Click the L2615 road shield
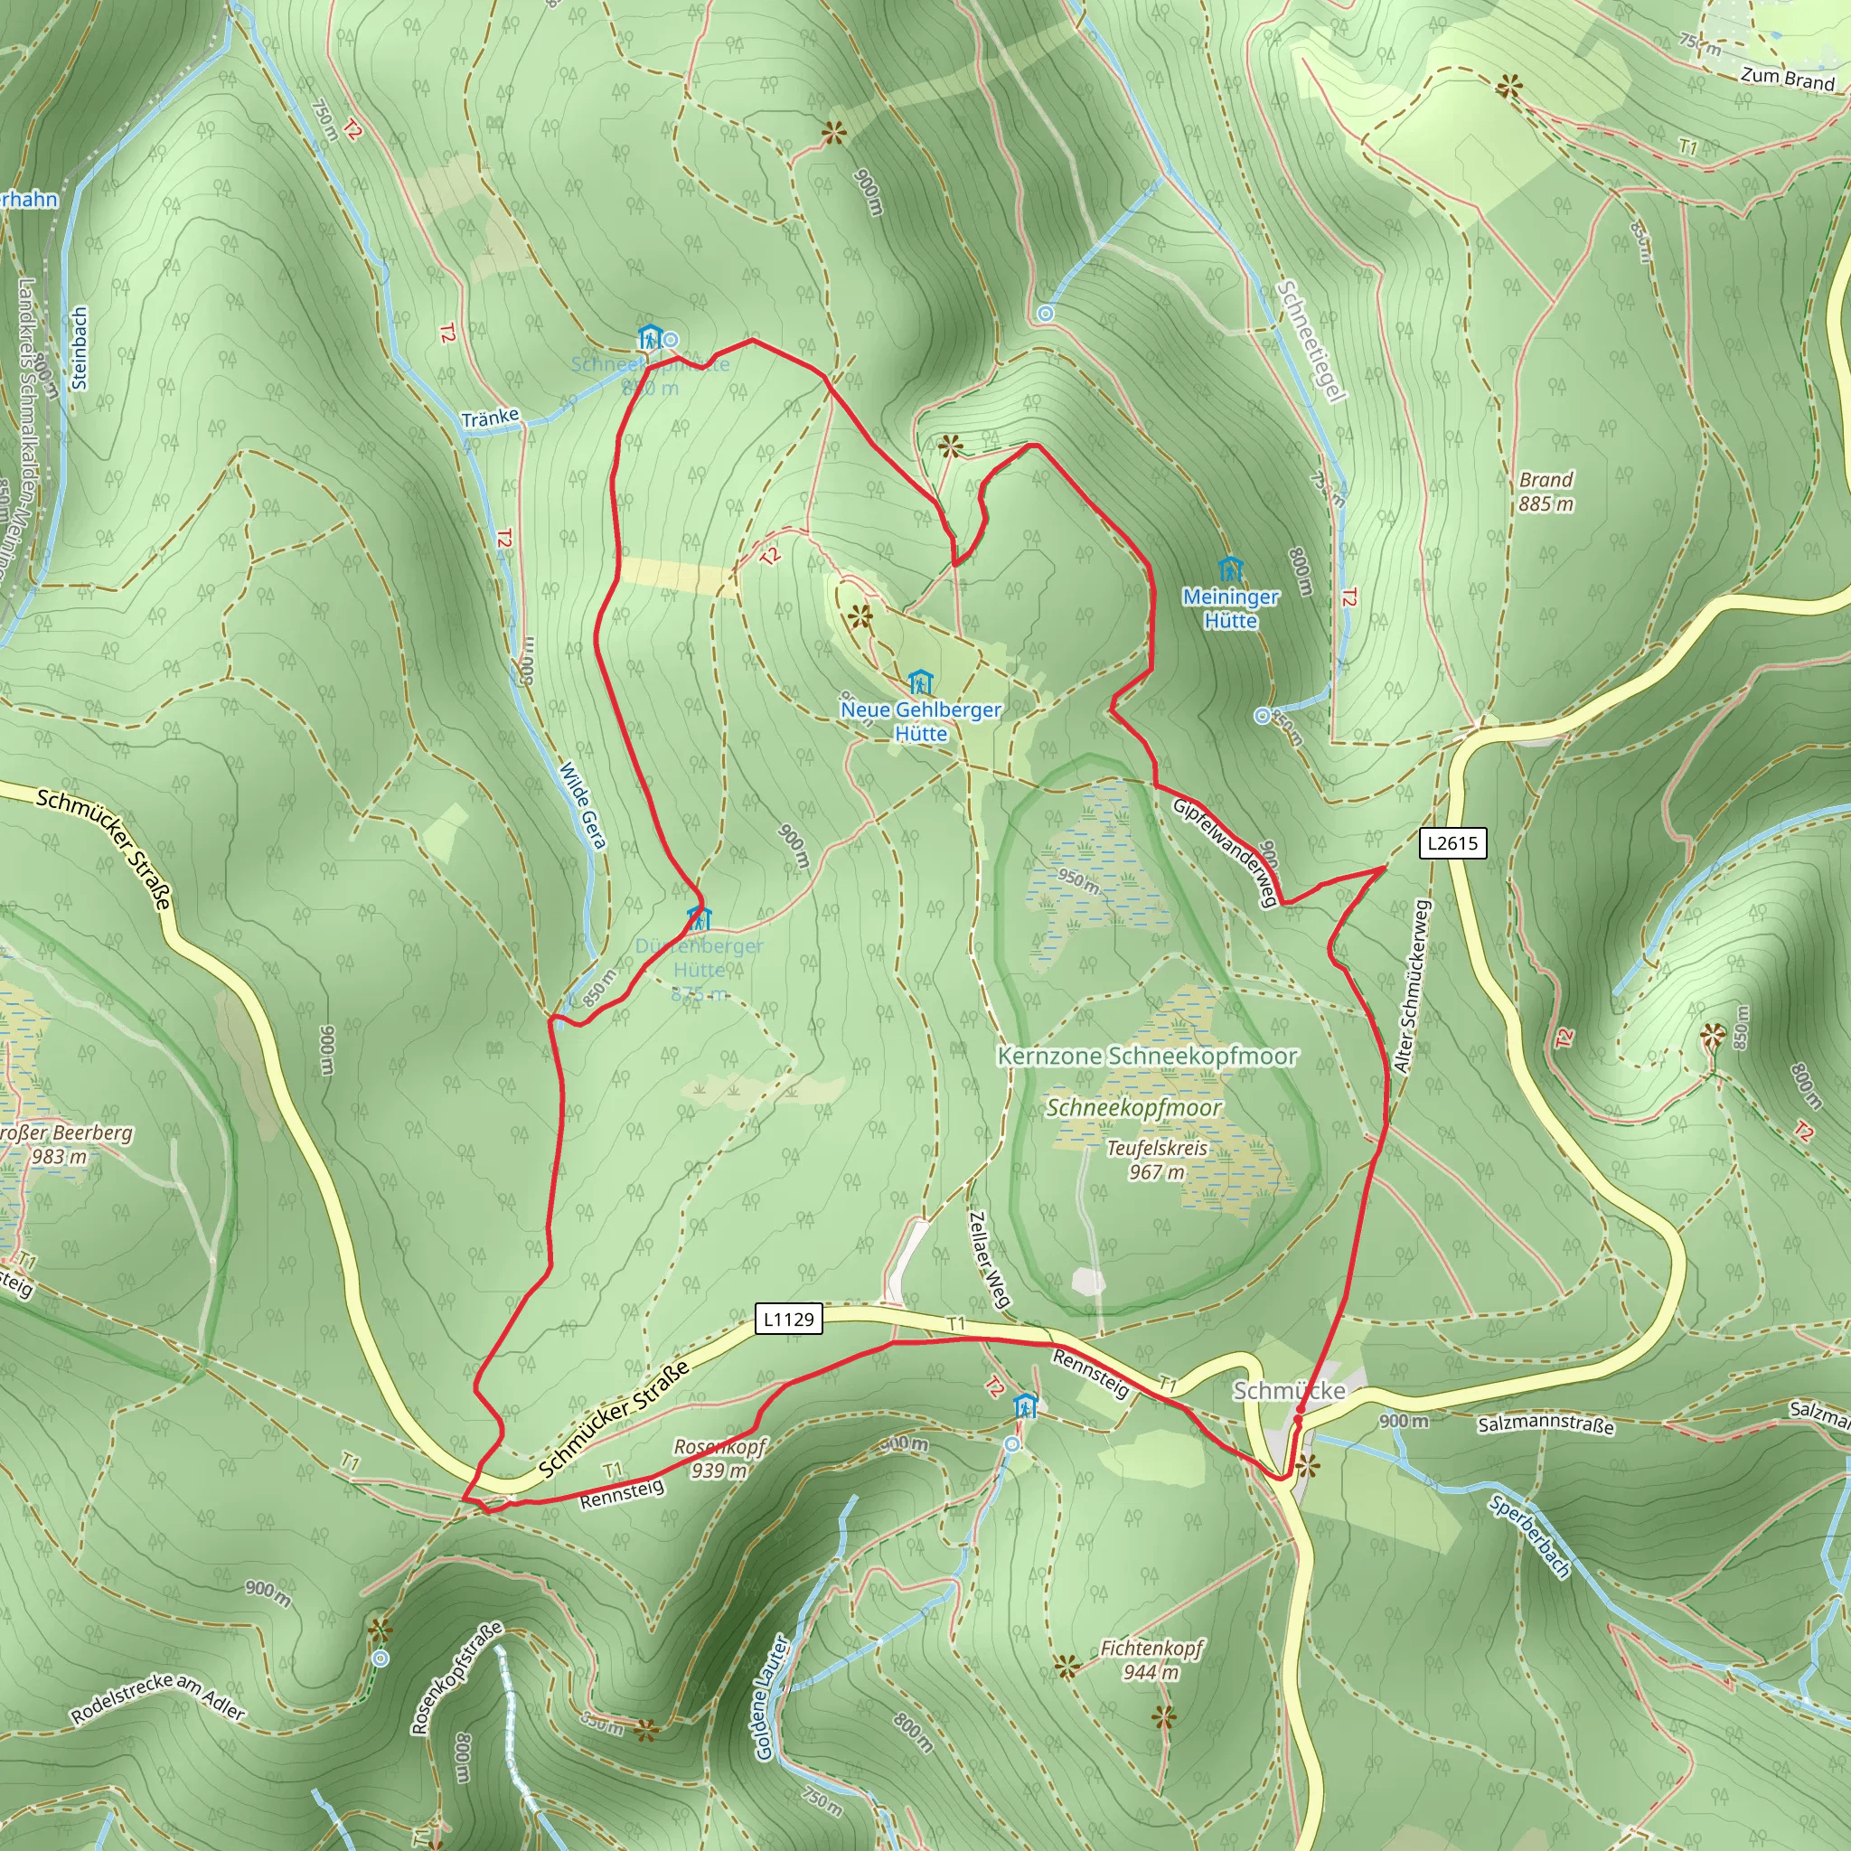click(1452, 843)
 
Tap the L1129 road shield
click(787, 1320)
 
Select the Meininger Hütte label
click(1230, 608)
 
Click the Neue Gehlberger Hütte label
click(921, 721)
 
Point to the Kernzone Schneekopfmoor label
click(1148, 1056)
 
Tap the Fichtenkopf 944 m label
click(1151, 1659)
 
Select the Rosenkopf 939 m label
click(719, 1457)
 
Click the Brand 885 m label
click(1546, 491)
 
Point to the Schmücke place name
click(1289, 1390)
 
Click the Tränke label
click(490, 418)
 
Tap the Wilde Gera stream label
click(584, 804)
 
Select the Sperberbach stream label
click(1530, 1536)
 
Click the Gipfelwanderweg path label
click(1226, 850)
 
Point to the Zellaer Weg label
click(989, 1259)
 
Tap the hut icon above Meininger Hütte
click(1230, 570)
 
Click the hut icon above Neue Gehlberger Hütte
click(920, 682)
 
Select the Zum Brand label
click(1787, 79)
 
